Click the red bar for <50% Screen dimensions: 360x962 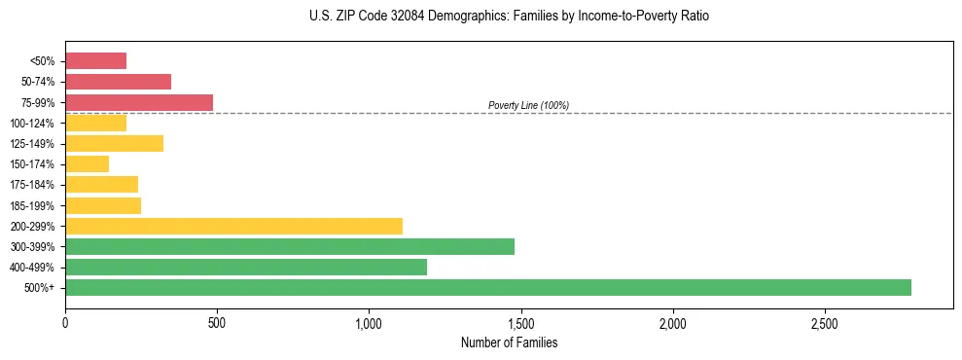(95, 61)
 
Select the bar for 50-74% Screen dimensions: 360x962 (118, 82)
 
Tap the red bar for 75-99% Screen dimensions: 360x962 (139, 102)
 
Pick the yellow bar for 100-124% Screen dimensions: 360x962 (95, 123)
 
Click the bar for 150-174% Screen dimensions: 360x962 (87, 164)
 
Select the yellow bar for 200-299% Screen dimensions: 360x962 (233, 226)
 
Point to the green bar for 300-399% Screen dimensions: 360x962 (289, 246)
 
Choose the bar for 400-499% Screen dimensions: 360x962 (246, 267)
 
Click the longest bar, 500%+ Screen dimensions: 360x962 (487, 287)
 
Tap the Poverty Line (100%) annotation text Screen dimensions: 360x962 (528, 105)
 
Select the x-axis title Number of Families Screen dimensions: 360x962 (509, 342)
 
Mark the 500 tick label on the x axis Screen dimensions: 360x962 (217, 323)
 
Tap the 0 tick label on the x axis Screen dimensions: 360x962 (65, 323)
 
